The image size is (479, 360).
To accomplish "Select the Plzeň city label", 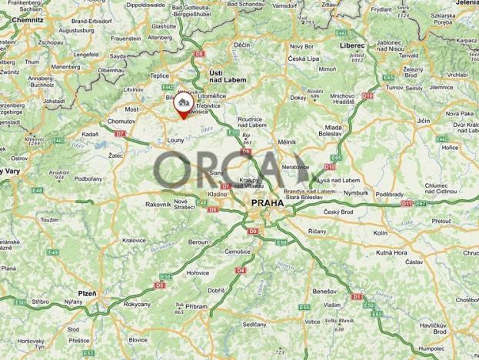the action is coord(87,293).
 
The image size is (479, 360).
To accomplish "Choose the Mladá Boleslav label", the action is coord(333,130).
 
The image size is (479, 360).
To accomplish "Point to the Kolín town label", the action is coord(380,232).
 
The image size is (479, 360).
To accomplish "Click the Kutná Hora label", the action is coord(391,252).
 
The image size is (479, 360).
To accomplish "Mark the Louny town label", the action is coord(175,141).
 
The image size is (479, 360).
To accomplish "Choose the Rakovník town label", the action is coord(158,204).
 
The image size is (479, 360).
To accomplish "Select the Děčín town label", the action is coord(242,46).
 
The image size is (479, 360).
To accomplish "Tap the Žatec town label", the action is coord(116,155).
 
